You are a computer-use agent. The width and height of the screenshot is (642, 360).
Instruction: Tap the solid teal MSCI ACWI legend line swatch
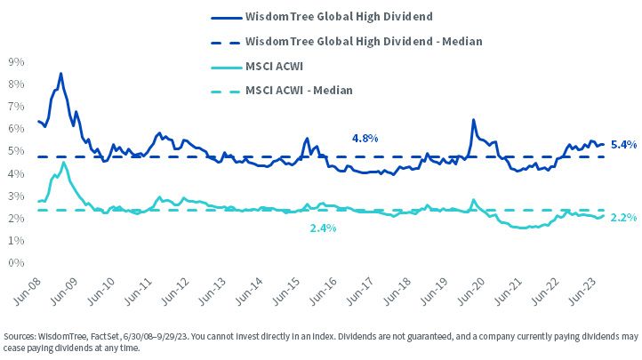[227, 67]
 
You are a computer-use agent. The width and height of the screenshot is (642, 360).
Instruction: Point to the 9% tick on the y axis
[16, 61]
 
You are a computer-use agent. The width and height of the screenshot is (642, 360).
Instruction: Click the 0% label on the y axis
[16, 262]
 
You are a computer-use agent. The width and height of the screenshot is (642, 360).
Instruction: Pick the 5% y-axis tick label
[16, 151]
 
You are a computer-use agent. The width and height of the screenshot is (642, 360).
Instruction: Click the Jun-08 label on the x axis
[27, 292]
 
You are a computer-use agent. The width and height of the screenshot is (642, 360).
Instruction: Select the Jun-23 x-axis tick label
[583, 292]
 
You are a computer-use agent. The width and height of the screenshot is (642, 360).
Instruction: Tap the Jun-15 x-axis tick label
[286, 292]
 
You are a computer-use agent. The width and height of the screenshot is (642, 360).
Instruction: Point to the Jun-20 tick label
[471, 292]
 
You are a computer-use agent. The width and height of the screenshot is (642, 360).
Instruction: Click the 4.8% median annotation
[365, 139]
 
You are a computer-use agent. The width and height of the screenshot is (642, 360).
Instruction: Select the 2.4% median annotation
[323, 228]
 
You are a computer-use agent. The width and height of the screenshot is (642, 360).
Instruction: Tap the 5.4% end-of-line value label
[623, 144]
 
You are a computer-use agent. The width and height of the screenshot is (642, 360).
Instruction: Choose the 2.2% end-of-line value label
[623, 218]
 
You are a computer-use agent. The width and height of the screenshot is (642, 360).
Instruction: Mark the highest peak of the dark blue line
[61, 74]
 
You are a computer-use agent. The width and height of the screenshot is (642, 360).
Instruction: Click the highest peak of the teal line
[63, 163]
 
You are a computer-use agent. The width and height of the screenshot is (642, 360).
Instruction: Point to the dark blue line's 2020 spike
[473, 120]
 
